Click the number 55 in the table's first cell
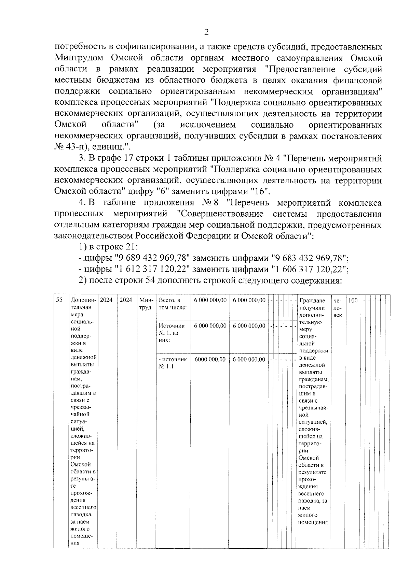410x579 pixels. pyautogui.click(x=59, y=300)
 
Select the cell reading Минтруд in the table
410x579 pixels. pyautogui.click(x=146, y=304)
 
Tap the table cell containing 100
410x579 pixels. pyautogui.click(x=353, y=300)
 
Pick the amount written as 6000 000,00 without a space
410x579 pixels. pyautogui.click(x=210, y=359)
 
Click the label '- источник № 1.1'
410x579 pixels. pyautogui.click(x=172, y=363)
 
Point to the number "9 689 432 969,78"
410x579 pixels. pyautogui.click(x=152, y=258)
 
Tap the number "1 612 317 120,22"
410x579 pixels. pyautogui.click(x=152, y=269)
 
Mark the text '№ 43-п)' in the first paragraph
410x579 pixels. pyautogui.click(x=67, y=147)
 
